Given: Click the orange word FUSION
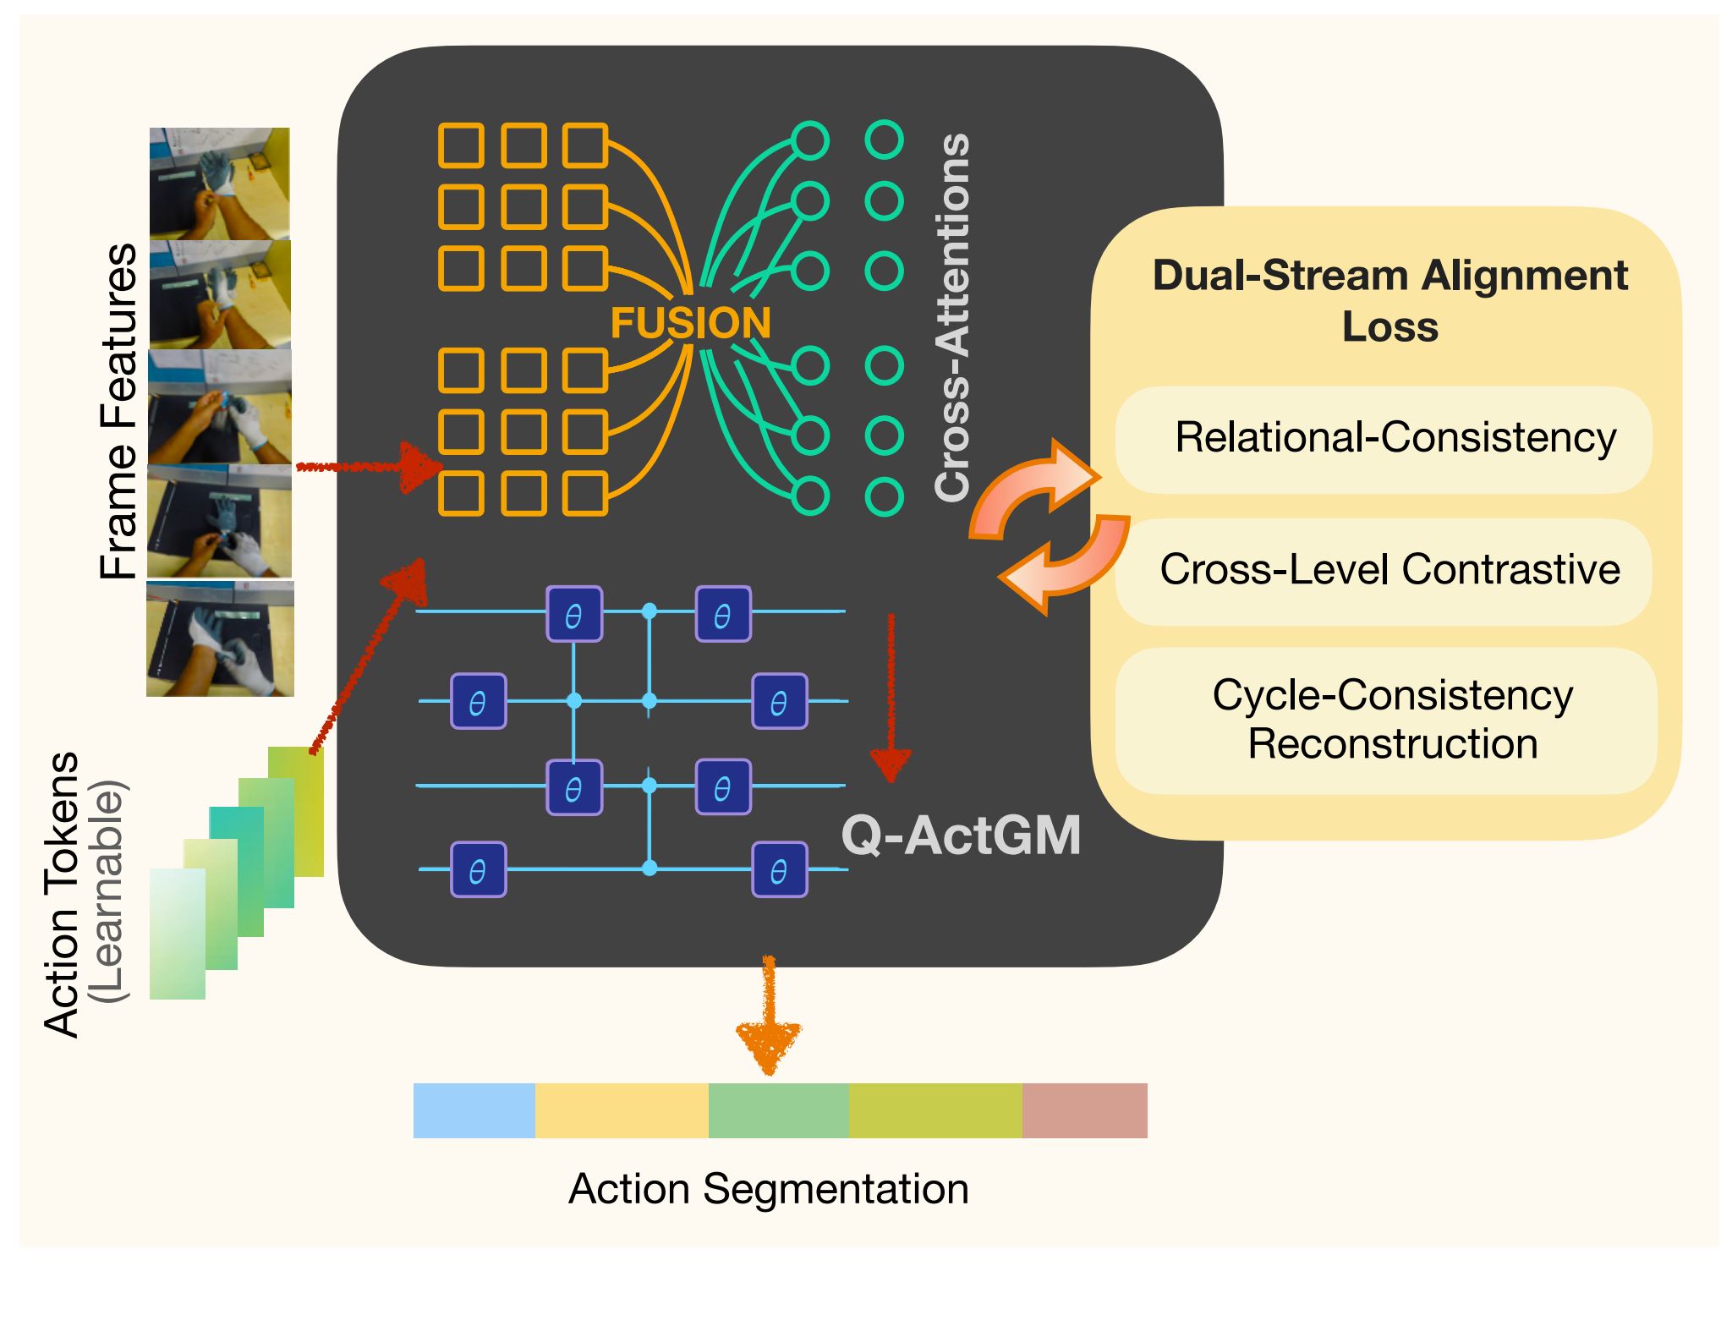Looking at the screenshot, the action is pyautogui.click(x=691, y=323).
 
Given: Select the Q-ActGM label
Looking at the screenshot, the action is pyautogui.click(x=961, y=836).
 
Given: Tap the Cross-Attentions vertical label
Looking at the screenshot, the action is pyautogui.click(x=952, y=317).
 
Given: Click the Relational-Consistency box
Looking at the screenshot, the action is pyautogui.click(x=1383, y=440).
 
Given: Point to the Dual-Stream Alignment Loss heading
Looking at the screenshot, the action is pyautogui.click(x=1390, y=301).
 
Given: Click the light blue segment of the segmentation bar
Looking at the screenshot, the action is pyautogui.click(x=474, y=1110).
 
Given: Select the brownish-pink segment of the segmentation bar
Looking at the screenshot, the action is pyautogui.click(x=1085, y=1110).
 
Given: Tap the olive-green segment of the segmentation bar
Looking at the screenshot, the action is pyautogui.click(x=935, y=1110).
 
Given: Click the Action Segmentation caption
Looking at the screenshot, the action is pyautogui.click(x=769, y=1189).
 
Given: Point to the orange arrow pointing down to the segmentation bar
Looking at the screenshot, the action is pyautogui.click(x=769, y=1015).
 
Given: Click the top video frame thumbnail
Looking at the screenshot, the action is pyautogui.click(x=220, y=184).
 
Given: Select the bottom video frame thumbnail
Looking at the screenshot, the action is pyautogui.click(x=221, y=638).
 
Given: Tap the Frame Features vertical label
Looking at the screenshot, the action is pyautogui.click(x=118, y=411).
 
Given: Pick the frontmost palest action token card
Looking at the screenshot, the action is pyautogui.click(x=178, y=934).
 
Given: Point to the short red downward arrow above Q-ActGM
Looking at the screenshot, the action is pyautogui.click(x=891, y=699).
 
